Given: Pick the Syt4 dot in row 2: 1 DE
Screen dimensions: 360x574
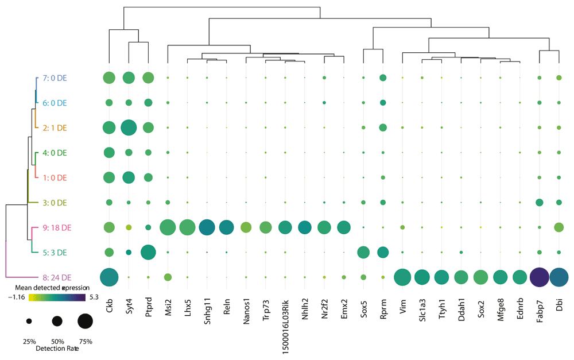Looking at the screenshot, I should [x=129, y=127].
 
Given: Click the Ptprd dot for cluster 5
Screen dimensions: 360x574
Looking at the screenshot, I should [x=148, y=252].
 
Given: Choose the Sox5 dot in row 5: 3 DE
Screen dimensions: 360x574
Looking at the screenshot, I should [x=363, y=252].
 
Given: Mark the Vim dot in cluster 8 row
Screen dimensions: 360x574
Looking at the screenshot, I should [x=402, y=277].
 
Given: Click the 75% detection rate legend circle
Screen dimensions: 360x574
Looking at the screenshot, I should [x=84, y=322].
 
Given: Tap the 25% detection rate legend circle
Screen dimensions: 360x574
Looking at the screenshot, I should [x=29, y=322].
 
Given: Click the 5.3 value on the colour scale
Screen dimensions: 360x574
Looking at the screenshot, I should [x=95, y=297].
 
